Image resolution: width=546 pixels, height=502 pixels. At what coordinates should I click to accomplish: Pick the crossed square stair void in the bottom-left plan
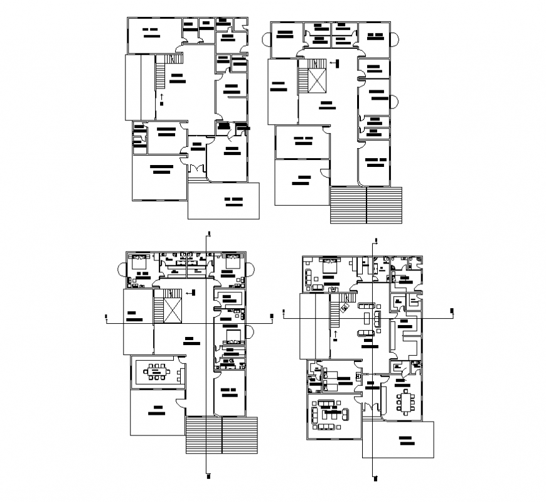pos(171,311)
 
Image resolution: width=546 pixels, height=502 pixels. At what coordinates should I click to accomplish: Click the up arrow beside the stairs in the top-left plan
pos(161,96)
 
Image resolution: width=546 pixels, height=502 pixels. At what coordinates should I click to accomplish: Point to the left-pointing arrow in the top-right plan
pos(333,62)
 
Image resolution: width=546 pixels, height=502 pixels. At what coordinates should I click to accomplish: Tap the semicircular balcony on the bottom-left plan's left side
pos(122,270)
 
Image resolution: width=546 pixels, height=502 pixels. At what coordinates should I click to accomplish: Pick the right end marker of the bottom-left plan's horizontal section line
pos(271,316)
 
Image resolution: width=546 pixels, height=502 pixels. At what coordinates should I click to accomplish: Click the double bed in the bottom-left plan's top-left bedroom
pos(139,263)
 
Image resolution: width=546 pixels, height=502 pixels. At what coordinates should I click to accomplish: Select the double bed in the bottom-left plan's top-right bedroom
pos(231,263)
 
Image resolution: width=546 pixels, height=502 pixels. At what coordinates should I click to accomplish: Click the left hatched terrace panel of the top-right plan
pos(348,205)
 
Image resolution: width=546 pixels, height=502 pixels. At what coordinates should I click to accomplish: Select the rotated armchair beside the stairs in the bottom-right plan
pos(344,307)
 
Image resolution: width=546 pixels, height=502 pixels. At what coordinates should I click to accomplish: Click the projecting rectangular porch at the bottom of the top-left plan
pos(224,201)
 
